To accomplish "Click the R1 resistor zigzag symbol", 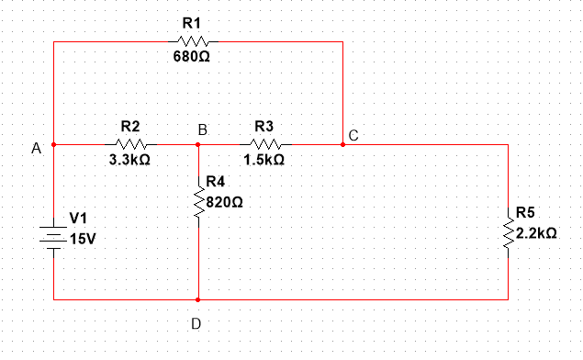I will tap(196, 41).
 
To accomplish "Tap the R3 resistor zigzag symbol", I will tap(266, 144).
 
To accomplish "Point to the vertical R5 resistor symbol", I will tap(508, 231).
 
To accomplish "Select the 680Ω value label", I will tap(192, 57).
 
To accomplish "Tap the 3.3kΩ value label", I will tap(130, 160).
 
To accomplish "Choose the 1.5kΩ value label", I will tap(264, 160).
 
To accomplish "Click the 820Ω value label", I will tap(225, 201).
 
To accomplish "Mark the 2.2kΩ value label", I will tap(537, 233).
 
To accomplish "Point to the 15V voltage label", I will tap(82, 238).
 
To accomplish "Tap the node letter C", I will tap(353, 136).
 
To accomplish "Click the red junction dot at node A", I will tap(54, 144).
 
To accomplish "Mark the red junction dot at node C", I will tap(342, 144).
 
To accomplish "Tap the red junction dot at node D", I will tap(198, 298).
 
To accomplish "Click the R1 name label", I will tap(191, 22).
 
